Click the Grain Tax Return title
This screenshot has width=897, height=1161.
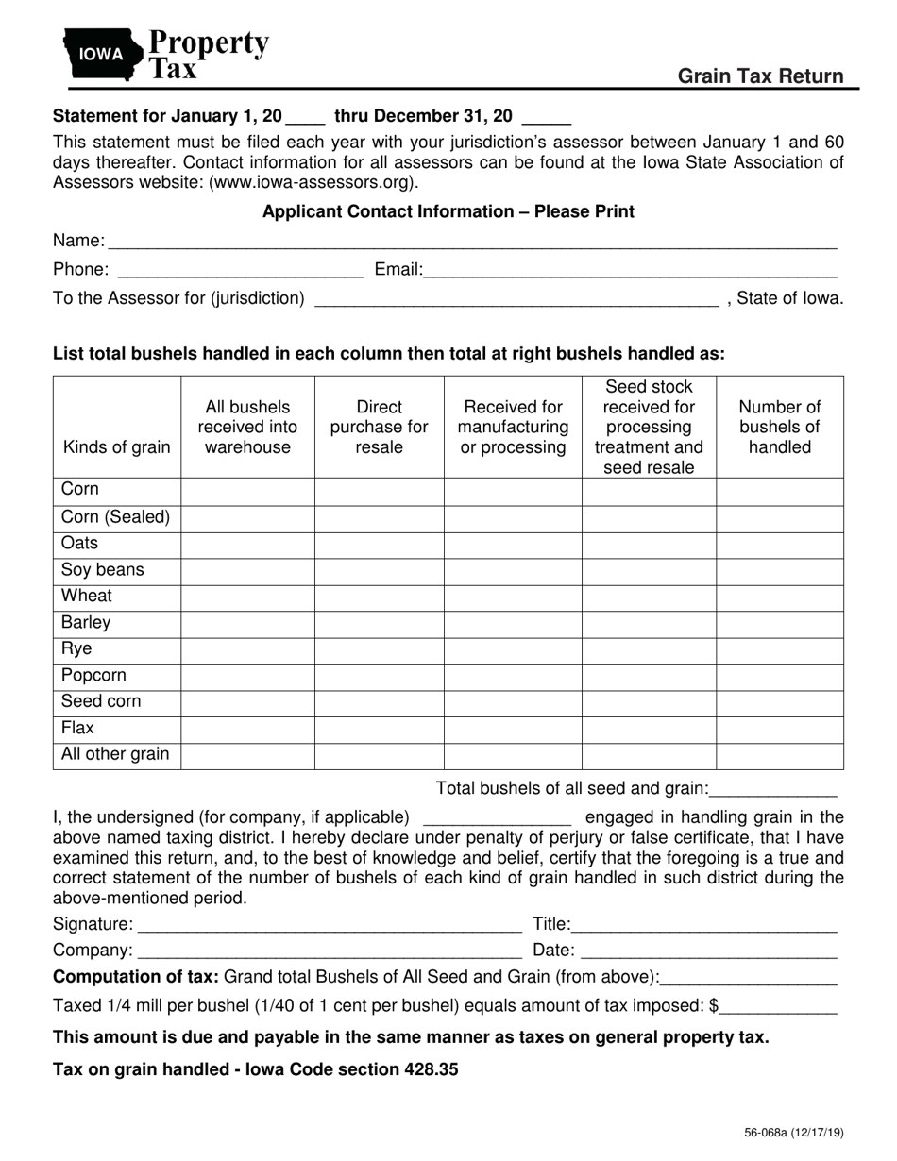(x=760, y=76)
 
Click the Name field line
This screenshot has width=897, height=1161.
(x=472, y=244)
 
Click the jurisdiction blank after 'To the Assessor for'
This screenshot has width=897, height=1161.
(x=516, y=300)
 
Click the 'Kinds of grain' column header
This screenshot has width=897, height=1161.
(x=116, y=446)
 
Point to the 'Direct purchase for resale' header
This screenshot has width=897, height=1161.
(x=379, y=427)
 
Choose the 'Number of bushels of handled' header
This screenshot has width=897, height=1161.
(x=779, y=427)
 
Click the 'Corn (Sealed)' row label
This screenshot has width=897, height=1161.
(x=115, y=517)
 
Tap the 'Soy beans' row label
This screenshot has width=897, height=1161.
(x=103, y=570)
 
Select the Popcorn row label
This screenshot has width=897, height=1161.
(x=93, y=676)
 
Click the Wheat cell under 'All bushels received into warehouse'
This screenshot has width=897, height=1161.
(x=247, y=597)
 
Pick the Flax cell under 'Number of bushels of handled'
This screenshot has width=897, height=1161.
(x=779, y=729)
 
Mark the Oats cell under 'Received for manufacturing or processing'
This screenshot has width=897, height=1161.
(x=512, y=544)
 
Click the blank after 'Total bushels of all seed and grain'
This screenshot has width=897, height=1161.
(x=773, y=789)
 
